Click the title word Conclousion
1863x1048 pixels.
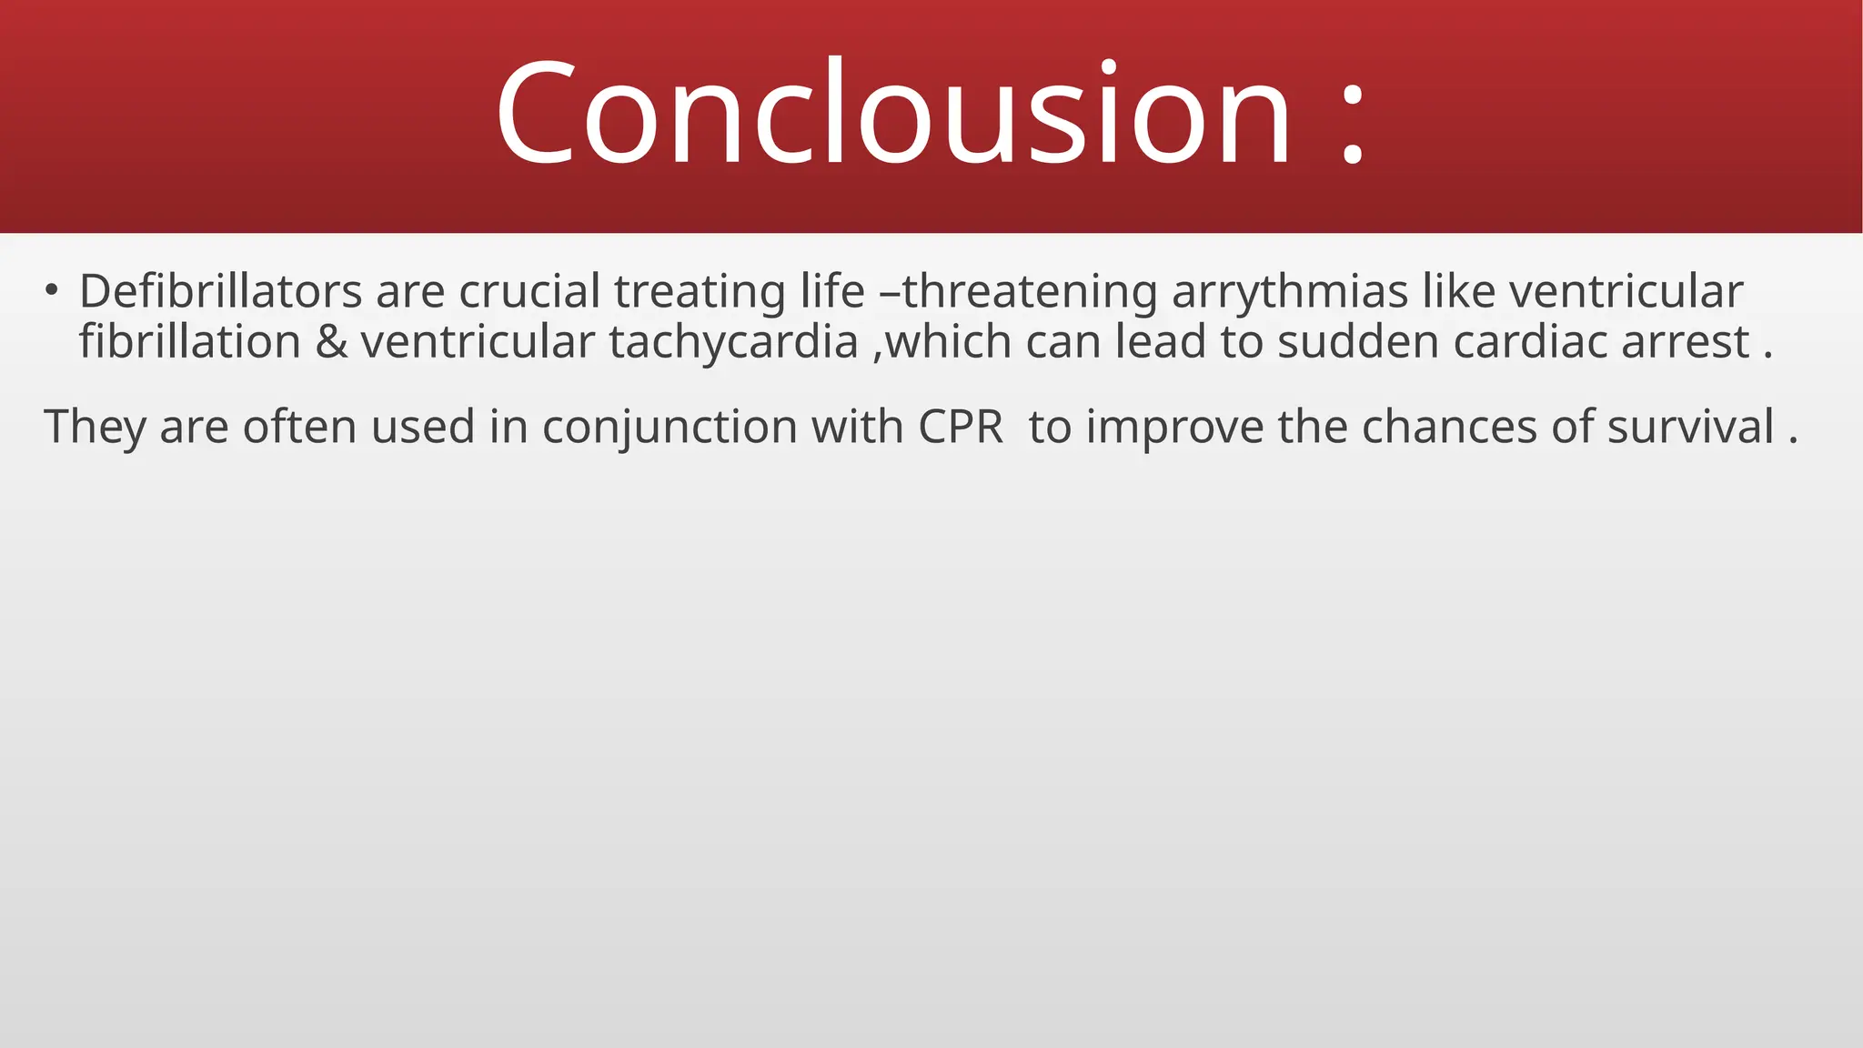click(x=892, y=113)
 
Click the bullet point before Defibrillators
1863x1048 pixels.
click(x=52, y=291)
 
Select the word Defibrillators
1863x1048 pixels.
click(x=221, y=291)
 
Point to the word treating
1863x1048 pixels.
click(x=700, y=293)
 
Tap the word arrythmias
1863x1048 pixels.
click(x=1290, y=293)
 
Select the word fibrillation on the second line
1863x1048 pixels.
click(x=189, y=342)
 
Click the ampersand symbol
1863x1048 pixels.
click(x=331, y=342)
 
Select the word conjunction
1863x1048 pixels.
click(x=670, y=428)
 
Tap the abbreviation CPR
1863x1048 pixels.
click(x=961, y=427)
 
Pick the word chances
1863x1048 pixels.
click(x=1448, y=427)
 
